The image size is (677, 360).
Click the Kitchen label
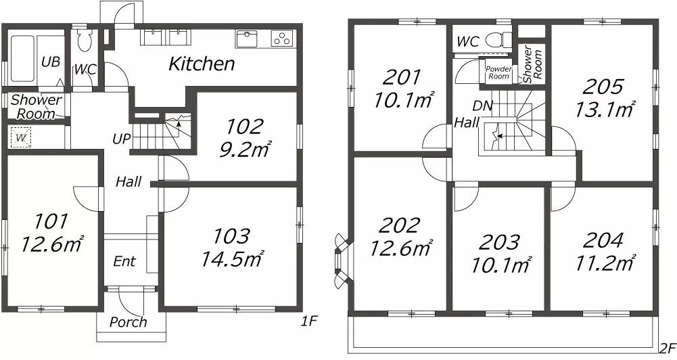coord(202,64)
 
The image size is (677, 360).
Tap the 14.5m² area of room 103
coord(232,258)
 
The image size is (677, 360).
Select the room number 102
coord(244,127)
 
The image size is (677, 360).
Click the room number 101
coord(51,222)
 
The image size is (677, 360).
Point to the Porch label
coord(128,322)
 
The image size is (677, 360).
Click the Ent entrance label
coord(124,261)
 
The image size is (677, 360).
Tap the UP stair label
coord(121,139)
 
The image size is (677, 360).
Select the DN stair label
coord(482,106)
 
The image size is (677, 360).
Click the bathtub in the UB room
coord(23,58)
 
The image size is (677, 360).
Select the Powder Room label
coord(498,72)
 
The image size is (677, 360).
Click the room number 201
coord(402,78)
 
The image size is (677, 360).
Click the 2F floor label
coord(667,348)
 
